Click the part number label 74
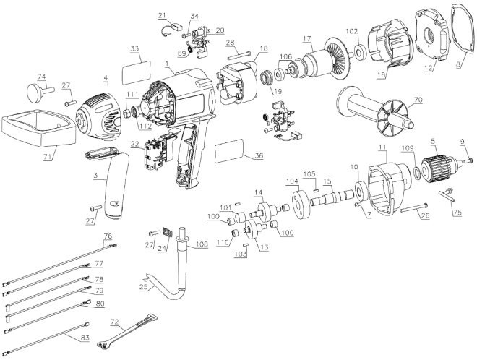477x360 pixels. (x=41, y=77)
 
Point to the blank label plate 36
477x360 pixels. (x=229, y=151)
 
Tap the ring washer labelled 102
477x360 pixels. (x=360, y=52)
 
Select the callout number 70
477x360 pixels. (x=418, y=100)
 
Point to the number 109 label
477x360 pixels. (x=408, y=148)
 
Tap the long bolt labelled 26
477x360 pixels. (x=414, y=207)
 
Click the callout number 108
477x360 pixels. (x=202, y=244)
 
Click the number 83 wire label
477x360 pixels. (x=85, y=338)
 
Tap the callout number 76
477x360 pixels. (x=108, y=236)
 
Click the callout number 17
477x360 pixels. (x=307, y=38)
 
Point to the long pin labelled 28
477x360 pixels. (x=239, y=56)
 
